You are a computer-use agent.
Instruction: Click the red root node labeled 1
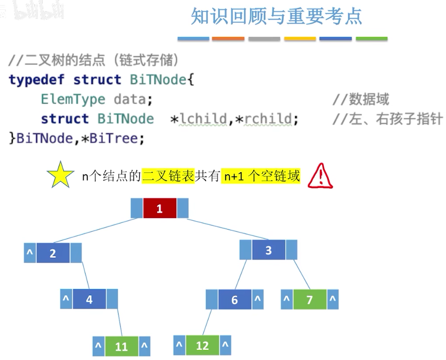pos(160,208)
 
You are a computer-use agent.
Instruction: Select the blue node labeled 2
pos(53,253)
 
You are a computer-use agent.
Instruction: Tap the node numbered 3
pos(268,250)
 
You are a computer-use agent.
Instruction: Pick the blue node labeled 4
pos(89,299)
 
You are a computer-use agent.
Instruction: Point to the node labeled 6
pos(235,299)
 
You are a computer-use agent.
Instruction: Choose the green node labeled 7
pos(310,299)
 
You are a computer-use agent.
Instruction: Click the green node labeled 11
pos(122,346)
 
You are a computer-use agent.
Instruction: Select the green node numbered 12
pos(202,345)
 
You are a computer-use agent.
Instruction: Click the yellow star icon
pos(60,175)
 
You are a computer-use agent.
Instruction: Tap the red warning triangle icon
pos(320,176)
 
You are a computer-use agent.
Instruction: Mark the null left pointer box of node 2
pos(30,253)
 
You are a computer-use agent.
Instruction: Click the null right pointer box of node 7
pos(333,299)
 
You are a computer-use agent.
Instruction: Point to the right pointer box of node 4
pos(112,299)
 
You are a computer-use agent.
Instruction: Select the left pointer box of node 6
pos(212,299)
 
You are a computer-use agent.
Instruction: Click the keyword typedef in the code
pos(36,80)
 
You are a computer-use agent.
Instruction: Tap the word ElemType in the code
pos(73,100)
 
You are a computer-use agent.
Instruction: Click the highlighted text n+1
pos(234,176)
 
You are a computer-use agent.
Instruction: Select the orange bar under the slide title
pos(228,39)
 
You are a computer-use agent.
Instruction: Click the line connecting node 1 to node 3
pos(228,229)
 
